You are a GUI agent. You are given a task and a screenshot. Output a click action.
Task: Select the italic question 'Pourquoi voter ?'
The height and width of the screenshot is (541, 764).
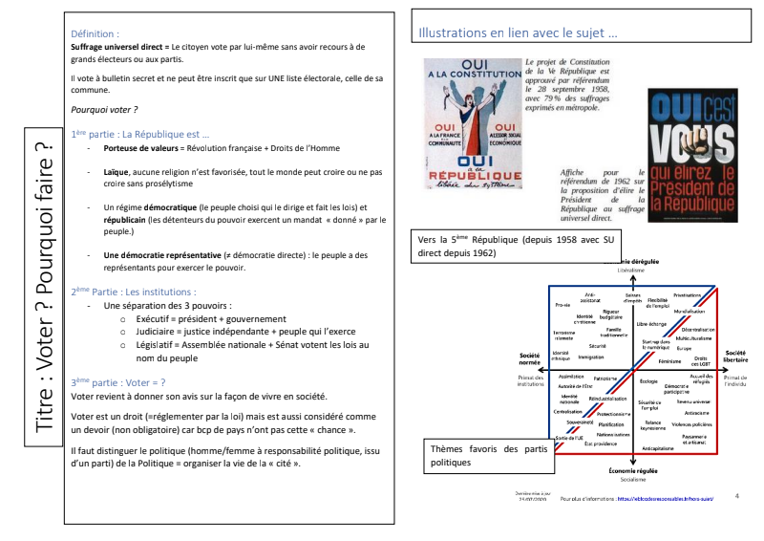(x=105, y=110)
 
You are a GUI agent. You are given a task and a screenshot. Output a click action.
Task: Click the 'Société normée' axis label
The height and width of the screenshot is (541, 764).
(x=529, y=359)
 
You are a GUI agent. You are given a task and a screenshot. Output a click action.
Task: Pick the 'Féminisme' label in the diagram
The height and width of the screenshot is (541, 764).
(x=669, y=361)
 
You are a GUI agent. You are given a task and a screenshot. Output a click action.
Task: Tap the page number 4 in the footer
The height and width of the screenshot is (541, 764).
(x=736, y=496)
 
